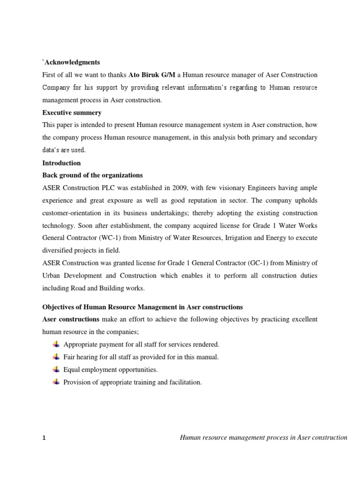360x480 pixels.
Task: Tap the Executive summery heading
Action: [72, 113]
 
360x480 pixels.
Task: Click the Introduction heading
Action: [61, 163]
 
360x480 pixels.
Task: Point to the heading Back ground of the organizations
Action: [92, 175]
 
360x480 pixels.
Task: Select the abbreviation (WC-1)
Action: [120, 238]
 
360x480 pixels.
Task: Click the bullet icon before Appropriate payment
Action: [56, 345]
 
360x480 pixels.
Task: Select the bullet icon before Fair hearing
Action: [56, 357]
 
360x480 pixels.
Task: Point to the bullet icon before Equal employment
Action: [56, 370]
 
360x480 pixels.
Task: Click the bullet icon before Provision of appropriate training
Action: [56, 382]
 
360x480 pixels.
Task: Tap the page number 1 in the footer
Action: [44, 438]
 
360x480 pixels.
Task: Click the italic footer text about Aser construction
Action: [263, 438]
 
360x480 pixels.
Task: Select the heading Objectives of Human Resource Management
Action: [142, 307]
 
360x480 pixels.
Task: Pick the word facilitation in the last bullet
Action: [184, 382]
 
